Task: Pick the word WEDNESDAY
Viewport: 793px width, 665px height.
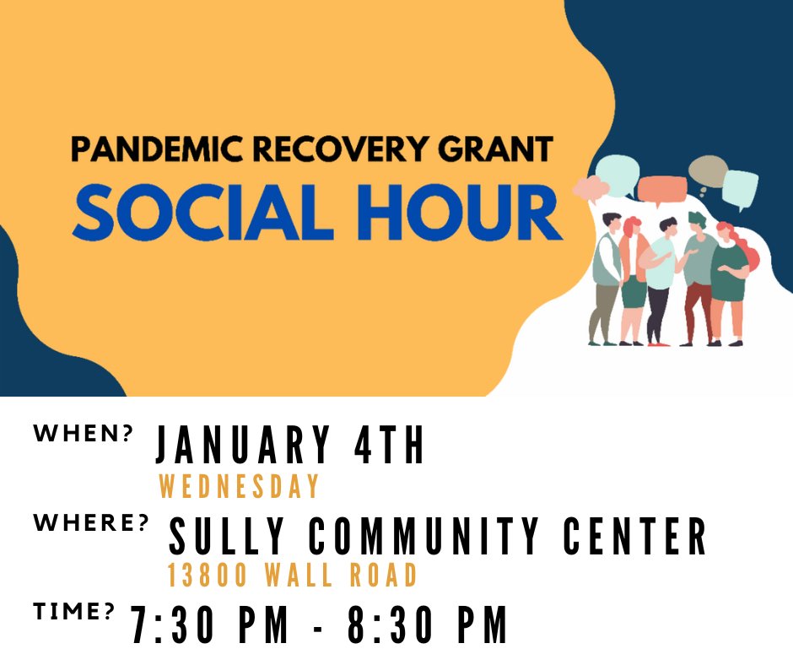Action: coord(239,487)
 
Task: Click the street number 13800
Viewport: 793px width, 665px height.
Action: coord(207,576)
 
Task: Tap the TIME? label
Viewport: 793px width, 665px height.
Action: coord(73,612)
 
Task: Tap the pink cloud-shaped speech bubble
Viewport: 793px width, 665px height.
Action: coord(591,187)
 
